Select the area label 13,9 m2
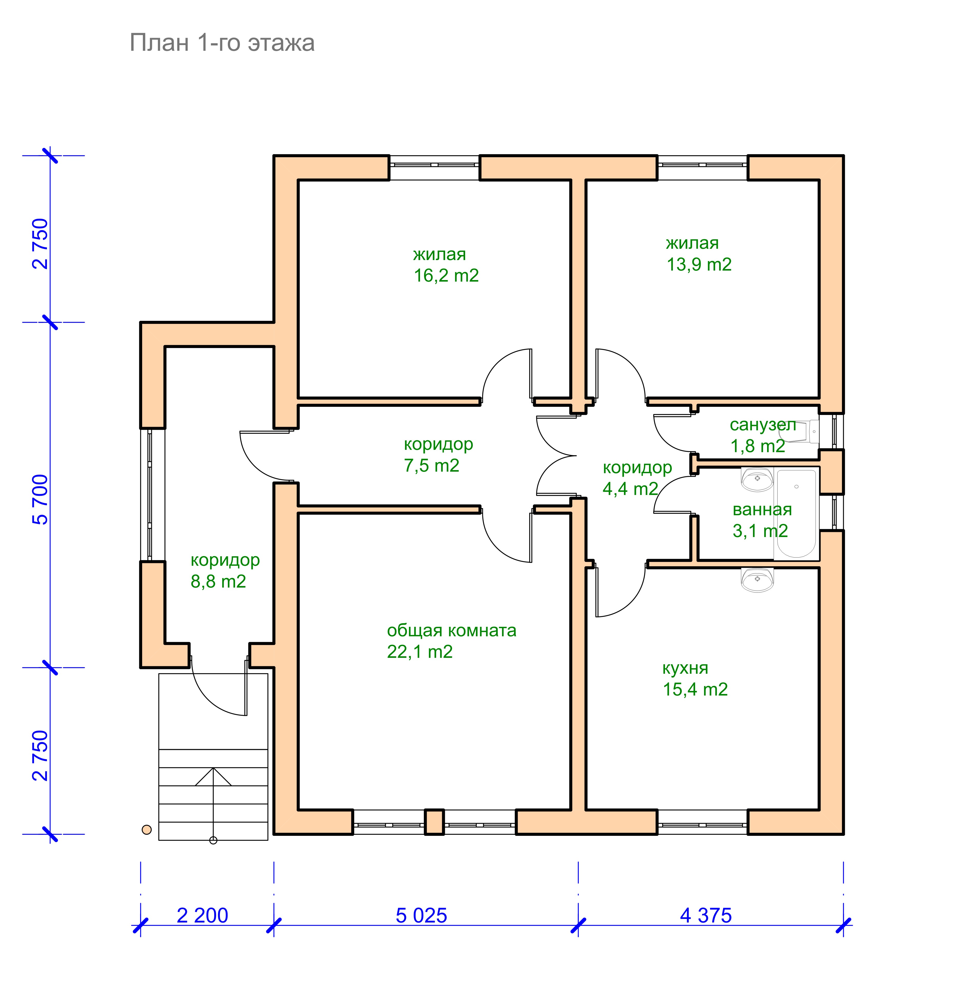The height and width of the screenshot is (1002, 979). click(699, 264)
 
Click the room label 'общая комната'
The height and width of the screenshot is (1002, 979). click(452, 630)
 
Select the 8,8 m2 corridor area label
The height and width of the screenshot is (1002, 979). click(218, 581)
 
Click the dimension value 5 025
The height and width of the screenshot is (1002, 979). click(421, 916)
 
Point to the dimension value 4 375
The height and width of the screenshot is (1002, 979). click(706, 916)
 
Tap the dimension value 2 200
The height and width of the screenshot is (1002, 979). click(202, 916)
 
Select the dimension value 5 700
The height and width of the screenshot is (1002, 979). click(40, 499)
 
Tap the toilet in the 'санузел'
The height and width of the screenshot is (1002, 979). click(800, 431)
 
